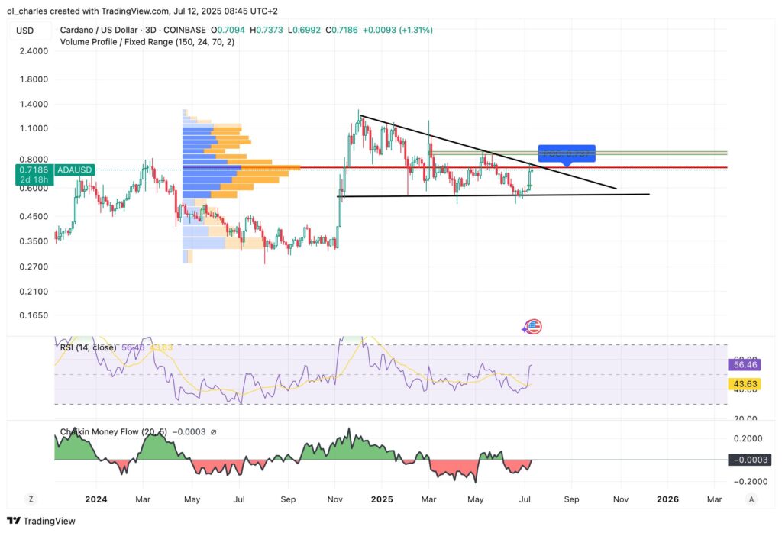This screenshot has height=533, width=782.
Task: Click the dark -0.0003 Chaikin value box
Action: [x=748, y=460]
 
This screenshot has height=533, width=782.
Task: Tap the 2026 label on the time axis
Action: [x=667, y=499]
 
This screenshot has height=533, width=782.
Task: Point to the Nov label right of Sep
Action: [x=619, y=499]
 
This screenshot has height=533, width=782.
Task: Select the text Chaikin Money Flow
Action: [x=99, y=432]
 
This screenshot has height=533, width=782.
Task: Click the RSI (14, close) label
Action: [x=88, y=347]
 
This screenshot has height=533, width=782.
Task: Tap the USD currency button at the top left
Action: [x=24, y=30]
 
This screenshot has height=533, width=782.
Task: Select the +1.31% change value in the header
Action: [x=417, y=30]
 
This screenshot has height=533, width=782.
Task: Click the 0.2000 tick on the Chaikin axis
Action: [x=748, y=439]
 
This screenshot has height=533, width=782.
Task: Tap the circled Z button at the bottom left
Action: [x=31, y=499]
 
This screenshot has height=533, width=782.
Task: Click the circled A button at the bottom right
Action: [x=751, y=499]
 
